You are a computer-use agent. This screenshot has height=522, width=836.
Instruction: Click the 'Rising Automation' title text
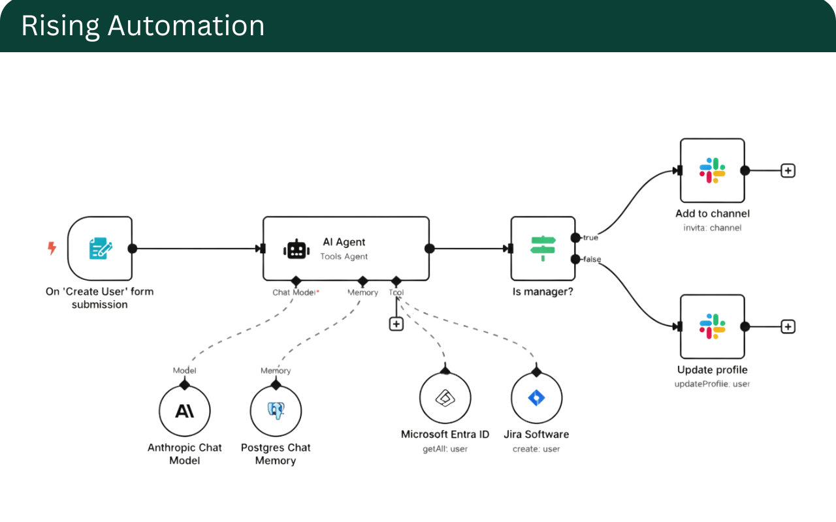point(142,26)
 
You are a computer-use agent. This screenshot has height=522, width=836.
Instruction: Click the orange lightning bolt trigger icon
point(52,248)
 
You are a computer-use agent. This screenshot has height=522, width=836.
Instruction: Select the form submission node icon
point(100,249)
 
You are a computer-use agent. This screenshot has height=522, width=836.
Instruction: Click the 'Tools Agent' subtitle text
point(344,256)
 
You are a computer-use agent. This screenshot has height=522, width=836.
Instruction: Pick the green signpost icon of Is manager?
point(543,249)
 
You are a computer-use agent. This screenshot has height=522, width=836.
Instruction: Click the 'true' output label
point(590,238)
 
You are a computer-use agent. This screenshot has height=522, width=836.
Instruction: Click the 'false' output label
point(592,260)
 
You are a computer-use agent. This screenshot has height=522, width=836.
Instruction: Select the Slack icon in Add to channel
point(712,170)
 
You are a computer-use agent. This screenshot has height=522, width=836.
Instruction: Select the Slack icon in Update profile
point(712,326)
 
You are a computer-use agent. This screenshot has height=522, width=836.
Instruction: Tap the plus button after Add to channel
point(788,170)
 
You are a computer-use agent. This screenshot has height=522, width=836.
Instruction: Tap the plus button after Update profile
point(788,326)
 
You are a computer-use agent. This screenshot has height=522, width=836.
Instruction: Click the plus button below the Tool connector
point(396,324)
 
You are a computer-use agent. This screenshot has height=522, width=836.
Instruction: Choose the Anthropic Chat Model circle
point(185,411)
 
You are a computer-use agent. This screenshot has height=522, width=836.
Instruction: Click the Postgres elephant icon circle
point(276,411)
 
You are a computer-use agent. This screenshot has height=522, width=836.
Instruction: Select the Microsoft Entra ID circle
point(445,398)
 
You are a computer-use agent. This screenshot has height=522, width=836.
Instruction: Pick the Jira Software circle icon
point(536,398)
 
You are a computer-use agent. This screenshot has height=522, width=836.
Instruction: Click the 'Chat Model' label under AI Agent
point(294,292)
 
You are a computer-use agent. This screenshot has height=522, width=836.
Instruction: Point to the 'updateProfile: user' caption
point(712,384)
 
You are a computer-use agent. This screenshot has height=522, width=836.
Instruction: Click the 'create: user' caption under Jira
point(536,449)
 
